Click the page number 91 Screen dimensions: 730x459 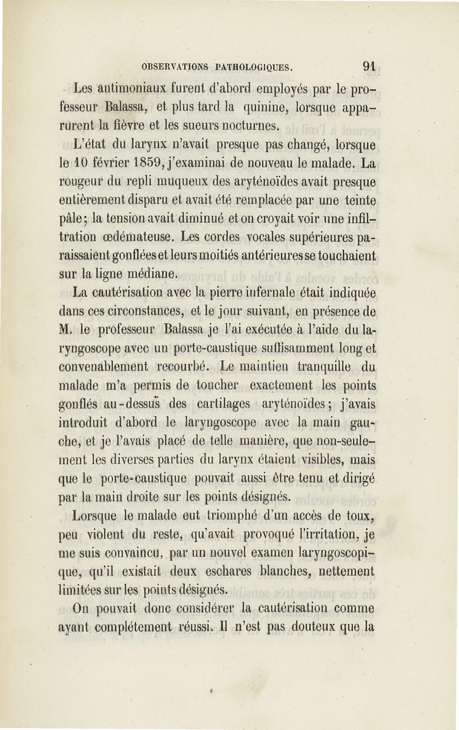(369, 66)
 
